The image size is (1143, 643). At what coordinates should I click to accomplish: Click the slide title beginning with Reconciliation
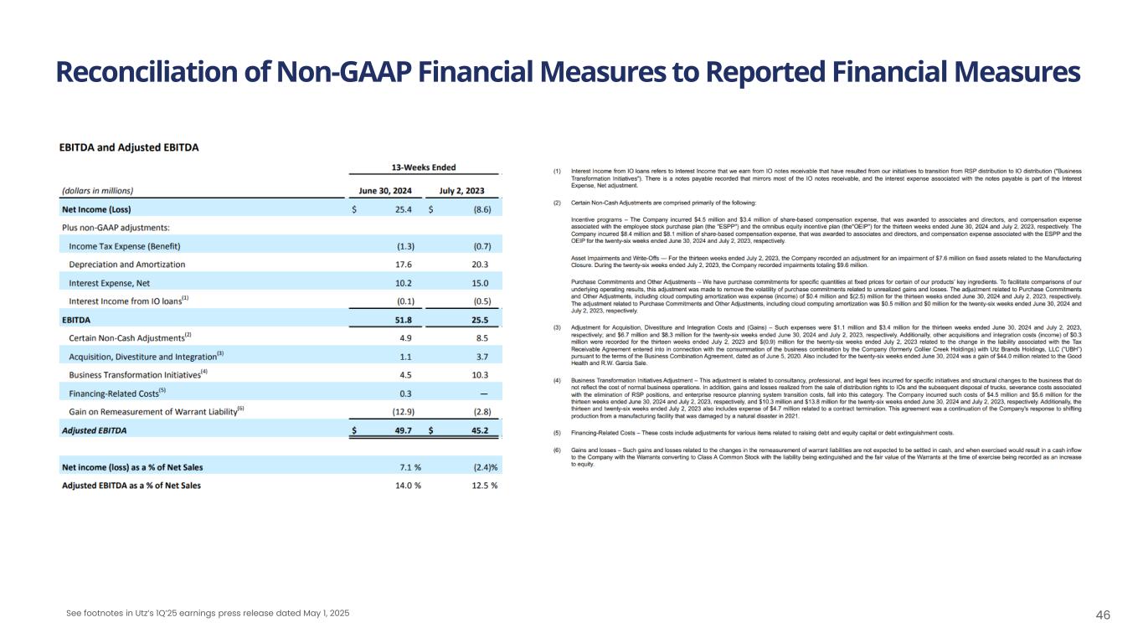(x=568, y=74)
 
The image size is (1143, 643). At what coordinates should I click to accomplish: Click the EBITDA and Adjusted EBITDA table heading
(x=129, y=147)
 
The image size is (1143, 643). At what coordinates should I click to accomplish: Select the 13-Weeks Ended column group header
(x=424, y=167)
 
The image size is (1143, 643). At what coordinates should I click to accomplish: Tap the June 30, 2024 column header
(x=385, y=190)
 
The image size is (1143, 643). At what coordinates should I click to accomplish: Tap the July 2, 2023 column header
(x=461, y=190)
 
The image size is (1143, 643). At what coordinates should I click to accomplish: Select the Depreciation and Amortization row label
(x=127, y=265)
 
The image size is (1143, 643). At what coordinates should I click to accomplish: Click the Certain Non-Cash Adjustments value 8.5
(x=481, y=338)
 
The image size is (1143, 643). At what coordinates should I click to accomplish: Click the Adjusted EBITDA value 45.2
(x=479, y=431)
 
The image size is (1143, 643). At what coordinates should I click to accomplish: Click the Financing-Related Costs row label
(x=117, y=394)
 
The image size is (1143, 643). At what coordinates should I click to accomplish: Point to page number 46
(x=1103, y=615)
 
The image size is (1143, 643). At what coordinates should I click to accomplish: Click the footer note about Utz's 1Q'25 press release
(x=208, y=614)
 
